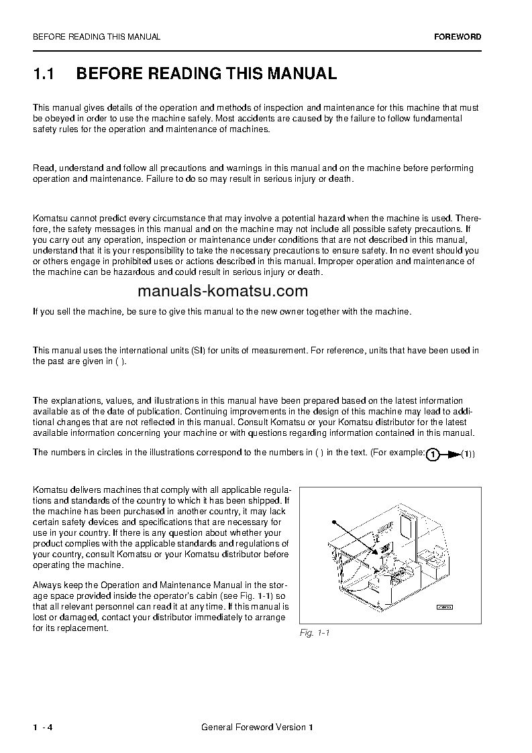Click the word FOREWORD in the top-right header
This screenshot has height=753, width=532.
tap(458, 37)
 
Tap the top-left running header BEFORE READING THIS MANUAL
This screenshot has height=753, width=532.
tap(97, 37)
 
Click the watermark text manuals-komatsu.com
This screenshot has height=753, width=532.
tap(213, 291)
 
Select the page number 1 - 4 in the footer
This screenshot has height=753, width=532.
tap(42, 728)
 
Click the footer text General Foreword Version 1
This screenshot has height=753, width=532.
tap(257, 728)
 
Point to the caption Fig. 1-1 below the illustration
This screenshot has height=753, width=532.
tap(315, 633)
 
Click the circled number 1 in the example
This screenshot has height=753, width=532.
tap(433, 455)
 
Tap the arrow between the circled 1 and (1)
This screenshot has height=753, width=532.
tap(453, 455)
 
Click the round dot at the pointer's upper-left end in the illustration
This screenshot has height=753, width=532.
tap(332, 520)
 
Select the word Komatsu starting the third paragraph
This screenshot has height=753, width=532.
tap(50, 218)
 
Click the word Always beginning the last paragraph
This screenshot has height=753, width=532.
tap(46, 585)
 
